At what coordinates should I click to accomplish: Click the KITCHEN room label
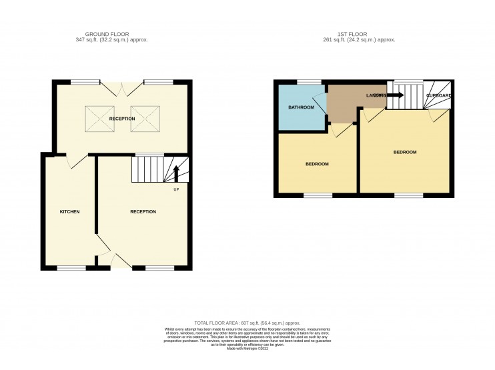pos(70,211)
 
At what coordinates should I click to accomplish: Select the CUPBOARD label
pos(439,96)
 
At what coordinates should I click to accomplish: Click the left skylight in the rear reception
pos(97,119)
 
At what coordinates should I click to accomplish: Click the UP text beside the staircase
pos(176,190)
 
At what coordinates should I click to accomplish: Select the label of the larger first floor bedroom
pos(404,152)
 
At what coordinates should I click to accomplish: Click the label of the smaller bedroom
pos(317,164)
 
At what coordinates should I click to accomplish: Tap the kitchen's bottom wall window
pos(71,268)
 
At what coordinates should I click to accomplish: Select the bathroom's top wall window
pos(308,82)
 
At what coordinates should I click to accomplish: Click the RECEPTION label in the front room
pos(143,211)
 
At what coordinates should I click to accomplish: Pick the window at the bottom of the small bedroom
pos(318,195)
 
